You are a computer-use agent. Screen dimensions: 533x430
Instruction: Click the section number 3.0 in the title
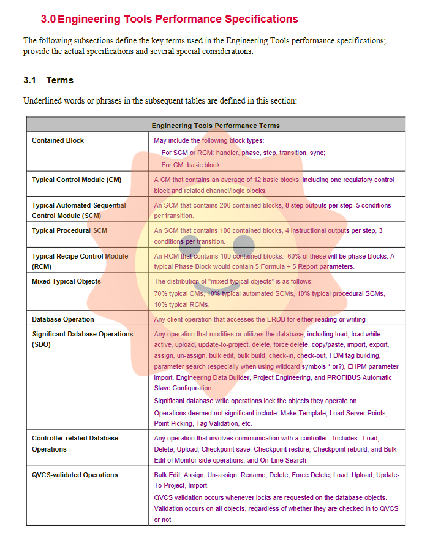[x=48, y=19]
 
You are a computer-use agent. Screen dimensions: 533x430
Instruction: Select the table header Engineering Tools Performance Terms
[x=216, y=126]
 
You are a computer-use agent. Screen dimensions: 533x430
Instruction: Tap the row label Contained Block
[x=58, y=140]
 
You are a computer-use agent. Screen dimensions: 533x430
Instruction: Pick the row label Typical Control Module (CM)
[x=77, y=180]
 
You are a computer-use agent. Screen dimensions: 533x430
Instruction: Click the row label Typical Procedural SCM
[x=69, y=230]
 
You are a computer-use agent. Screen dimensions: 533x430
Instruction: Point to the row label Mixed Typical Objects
[x=66, y=281]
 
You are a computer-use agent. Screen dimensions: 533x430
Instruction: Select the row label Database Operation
[x=63, y=319]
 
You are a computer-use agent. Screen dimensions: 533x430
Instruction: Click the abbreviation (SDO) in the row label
[x=42, y=345]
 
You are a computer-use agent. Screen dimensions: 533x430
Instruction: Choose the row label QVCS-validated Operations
[x=75, y=475]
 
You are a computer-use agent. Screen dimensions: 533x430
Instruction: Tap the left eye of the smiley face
[x=189, y=244]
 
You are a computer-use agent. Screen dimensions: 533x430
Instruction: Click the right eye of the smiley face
[x=243, y=244]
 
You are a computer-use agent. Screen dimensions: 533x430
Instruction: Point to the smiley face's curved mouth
[x=216, y=285]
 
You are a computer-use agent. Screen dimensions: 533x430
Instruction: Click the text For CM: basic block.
[x=191, y=165]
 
